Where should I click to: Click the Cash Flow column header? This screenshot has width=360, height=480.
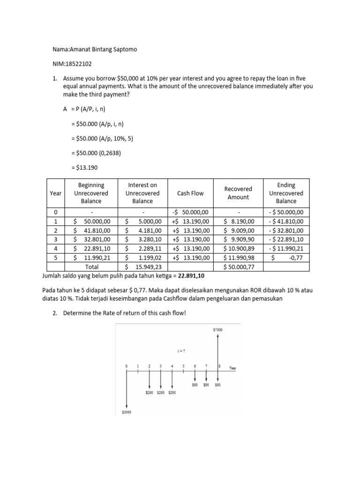click(190, 193)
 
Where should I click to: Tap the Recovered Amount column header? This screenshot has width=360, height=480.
click(238, 193)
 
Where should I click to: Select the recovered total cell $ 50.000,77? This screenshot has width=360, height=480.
click(239, 266)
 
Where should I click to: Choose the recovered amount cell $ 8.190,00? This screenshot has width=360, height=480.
click(239, 221)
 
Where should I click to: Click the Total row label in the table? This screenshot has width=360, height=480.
click(91, 266)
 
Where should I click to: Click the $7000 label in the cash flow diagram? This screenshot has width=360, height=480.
click(218, 330)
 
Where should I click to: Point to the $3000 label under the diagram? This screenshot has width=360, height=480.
click(127, 412)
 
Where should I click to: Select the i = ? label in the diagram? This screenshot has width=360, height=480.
click(180, 350)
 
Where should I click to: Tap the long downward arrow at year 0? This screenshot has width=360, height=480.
click(127, 389)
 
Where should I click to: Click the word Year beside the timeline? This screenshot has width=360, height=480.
click(232, 368)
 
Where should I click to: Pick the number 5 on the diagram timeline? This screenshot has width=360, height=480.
click(183, 366)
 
